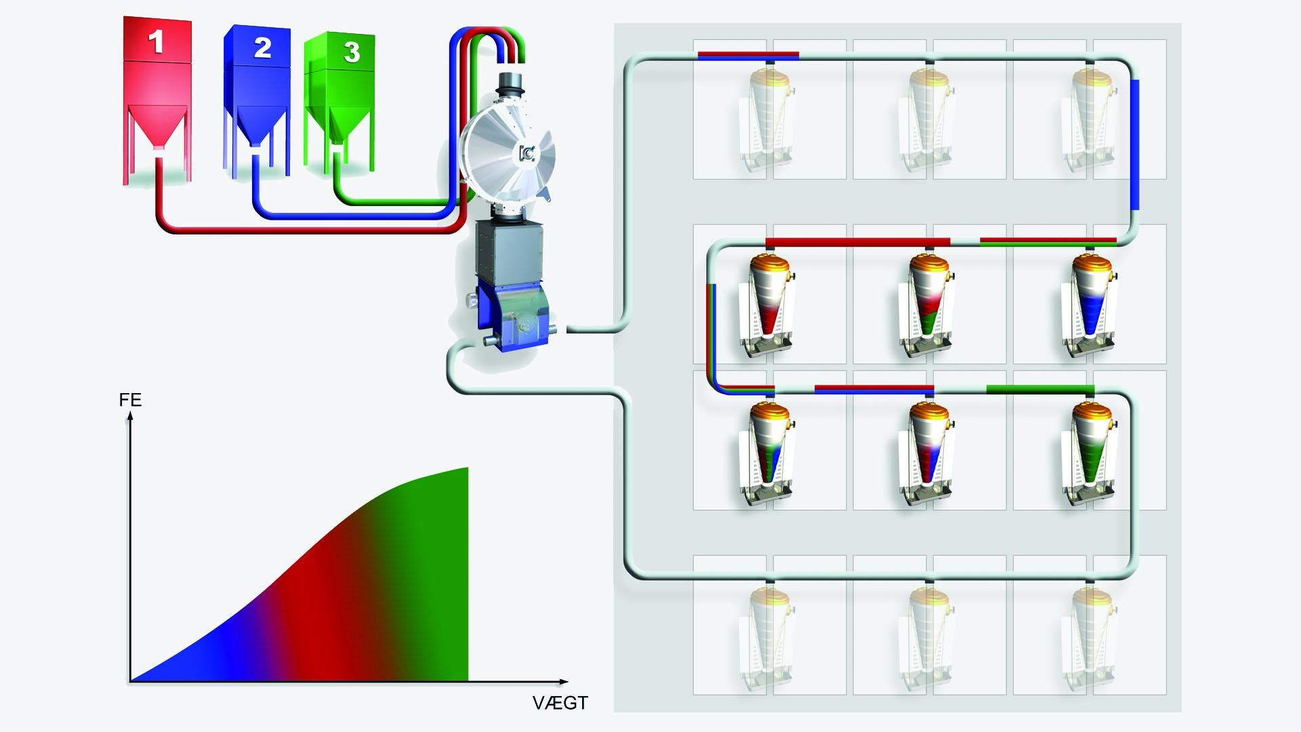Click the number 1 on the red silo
pyautogui.click(x=156, y=42)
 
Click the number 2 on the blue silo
pyautogui.click(x=262, y=47)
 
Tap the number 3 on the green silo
pyautogui.click(x=351, y=52)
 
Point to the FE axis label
pyautogui.click(x=130, y=400)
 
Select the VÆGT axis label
pyautogui.click(x=560, y=703)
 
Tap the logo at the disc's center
pyautogui.click(x=526, y=154)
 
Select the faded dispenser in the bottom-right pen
pyautogui.click(x=1091, y=637)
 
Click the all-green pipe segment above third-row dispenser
pyautogui.click(x=1039, y=388)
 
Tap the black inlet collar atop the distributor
pyautogui.click(x=512, y=85)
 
